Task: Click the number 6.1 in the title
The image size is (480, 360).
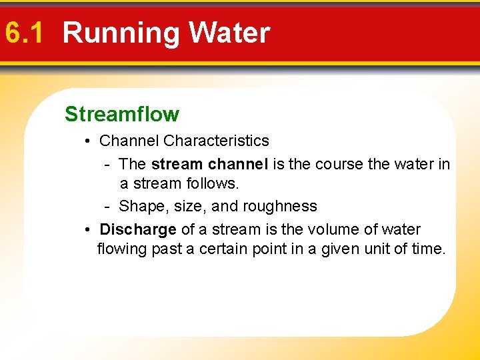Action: pos(23,33)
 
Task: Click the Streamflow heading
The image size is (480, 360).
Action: pos(122,114)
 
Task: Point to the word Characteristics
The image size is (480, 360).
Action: pos(216,141)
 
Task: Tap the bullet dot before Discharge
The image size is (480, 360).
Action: pos(88,230)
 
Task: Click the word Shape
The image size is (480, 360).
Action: pos(140,207)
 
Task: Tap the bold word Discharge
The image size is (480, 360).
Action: pos(138,230)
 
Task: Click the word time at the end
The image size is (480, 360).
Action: pos(429,249)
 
